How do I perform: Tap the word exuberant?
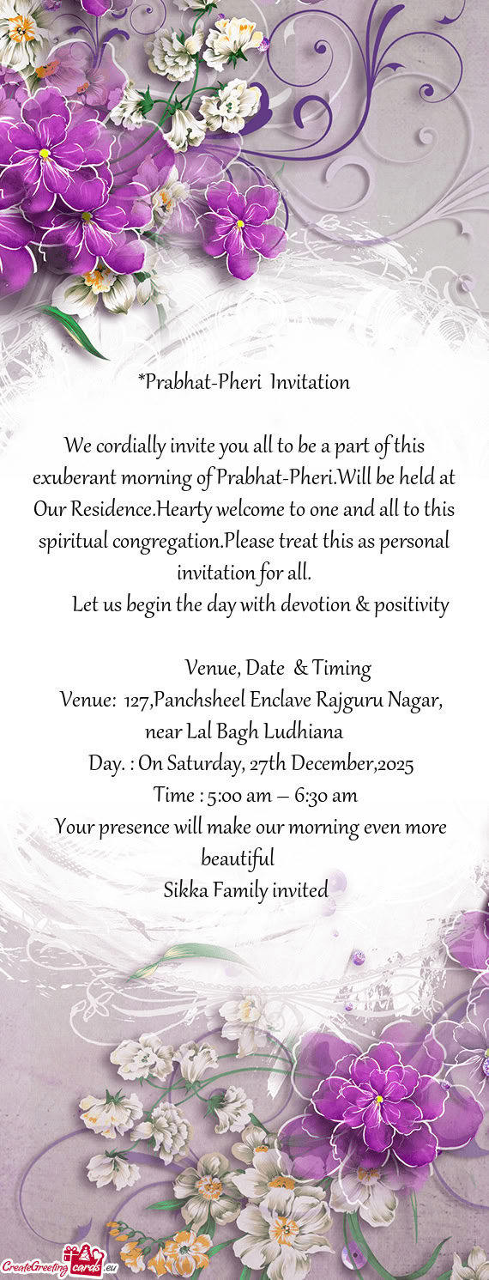point(75,476)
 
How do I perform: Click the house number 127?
point(138,701)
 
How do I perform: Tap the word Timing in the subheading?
point(341,668)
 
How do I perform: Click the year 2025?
point(395,764)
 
